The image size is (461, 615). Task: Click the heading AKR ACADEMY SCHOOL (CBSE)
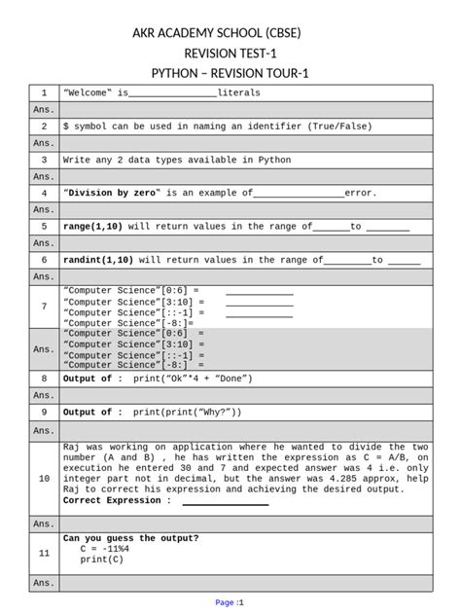point(230,33)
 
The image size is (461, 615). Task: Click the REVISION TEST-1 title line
point(230,54)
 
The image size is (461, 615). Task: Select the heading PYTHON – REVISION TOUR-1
point(230,74)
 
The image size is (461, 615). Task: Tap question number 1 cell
point(44,93)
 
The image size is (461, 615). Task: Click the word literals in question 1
point(238,93)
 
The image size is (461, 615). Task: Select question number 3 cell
point(44,160)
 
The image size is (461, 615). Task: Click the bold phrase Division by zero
point(113,193)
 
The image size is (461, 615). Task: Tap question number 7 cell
point(44,307)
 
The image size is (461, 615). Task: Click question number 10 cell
point(44,479)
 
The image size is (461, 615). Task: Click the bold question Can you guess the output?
point(130,538)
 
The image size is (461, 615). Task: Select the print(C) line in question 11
point(101,560)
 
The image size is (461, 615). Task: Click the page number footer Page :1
point(230,603)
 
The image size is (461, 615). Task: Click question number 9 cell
point(44,412)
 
